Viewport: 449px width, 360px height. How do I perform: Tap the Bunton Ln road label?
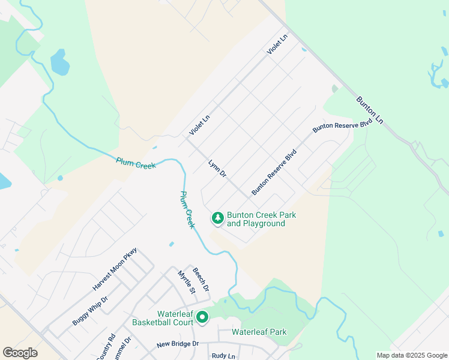[369, 110]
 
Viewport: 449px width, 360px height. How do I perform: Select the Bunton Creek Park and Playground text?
[262, 219]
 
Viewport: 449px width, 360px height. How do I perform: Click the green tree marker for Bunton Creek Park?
[218, 218]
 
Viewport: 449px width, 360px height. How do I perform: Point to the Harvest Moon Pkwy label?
[115, 269]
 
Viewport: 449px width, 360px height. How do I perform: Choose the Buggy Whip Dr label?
[89, 311]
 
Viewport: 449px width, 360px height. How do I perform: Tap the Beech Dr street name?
[200, 280]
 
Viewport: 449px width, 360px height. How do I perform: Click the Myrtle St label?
[186, 283]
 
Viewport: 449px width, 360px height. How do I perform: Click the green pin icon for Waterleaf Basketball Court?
[203, 316]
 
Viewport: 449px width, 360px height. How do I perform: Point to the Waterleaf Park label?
[259, 332]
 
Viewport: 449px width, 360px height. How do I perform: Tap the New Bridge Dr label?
[177, 344]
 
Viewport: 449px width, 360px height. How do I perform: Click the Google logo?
[20, 353]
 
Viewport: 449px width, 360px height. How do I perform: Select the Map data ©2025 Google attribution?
[412, 355]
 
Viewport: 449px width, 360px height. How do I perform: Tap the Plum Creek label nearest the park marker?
[188, 209]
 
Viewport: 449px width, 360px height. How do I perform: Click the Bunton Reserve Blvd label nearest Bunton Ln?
[342, 125]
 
